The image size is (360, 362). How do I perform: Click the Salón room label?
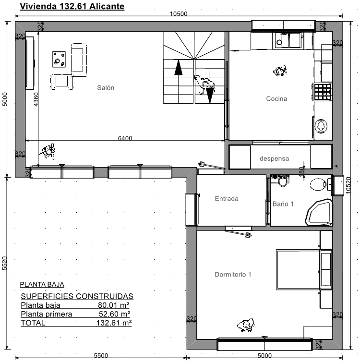106,87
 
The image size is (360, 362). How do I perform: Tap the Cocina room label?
276,98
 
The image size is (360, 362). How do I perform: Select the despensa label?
274,158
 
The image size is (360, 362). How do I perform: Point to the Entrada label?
227,199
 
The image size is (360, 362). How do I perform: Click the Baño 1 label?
283,204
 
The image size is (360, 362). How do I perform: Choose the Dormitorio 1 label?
233,274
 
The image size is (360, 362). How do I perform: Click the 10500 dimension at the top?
179,13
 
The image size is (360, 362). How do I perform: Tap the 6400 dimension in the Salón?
125,138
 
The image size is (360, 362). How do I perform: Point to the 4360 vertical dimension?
36,99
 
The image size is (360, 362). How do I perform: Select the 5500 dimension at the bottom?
101,356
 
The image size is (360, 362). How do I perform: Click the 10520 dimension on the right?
348,185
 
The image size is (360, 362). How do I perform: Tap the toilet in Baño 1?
318,184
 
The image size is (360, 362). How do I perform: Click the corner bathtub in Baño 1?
319,212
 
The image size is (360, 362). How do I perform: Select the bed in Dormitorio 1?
304,269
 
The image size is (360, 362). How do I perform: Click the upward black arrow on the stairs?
178,67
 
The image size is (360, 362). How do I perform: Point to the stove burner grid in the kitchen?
323,92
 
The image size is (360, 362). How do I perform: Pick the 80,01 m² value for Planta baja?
114,305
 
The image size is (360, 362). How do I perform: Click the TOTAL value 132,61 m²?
114,323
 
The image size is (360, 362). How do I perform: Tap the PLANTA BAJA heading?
42,284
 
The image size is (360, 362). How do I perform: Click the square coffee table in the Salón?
59,60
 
